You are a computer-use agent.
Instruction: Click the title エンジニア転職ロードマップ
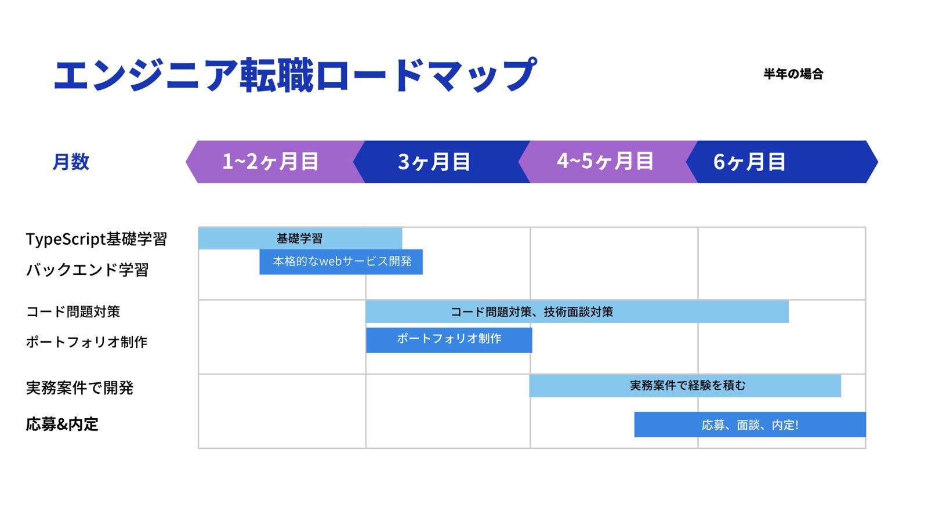[295, 75]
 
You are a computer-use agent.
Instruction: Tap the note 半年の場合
[793, 74]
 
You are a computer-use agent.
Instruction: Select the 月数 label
[71, 162]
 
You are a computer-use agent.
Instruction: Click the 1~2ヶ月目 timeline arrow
[275, 162]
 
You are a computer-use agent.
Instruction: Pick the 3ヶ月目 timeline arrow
[441, 162]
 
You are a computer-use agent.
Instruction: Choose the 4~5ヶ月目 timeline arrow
[608, 162]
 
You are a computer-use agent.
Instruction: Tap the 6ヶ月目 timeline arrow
[782, 162]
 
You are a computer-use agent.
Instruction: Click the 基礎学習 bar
[300, 238]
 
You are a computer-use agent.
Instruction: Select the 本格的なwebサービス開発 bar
[341, 262]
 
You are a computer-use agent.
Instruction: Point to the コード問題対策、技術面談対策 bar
[577, 312]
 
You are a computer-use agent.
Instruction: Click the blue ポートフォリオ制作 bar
[449, 340]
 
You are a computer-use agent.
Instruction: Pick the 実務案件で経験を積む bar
[685, 386]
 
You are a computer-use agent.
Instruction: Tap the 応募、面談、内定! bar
[750, 424]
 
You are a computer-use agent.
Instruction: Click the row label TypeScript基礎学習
[96, 239]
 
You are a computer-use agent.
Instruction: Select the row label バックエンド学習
[87, 270]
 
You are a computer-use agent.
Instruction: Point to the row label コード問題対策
[73, 311]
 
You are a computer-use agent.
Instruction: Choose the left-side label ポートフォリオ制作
[86, 342]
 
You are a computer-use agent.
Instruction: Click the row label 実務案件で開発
[79, 388]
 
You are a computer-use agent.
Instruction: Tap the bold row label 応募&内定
[62, 424]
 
